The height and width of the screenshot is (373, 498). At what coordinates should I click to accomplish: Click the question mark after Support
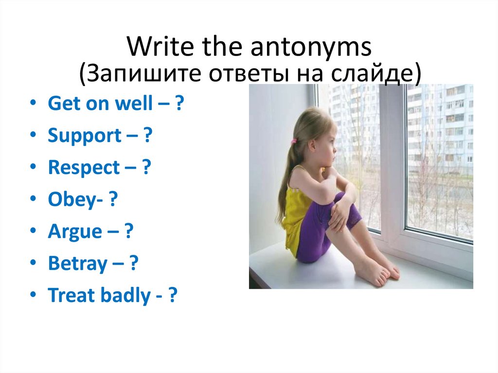(147, 136)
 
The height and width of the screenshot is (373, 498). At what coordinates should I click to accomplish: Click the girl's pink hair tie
(294, 141)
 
